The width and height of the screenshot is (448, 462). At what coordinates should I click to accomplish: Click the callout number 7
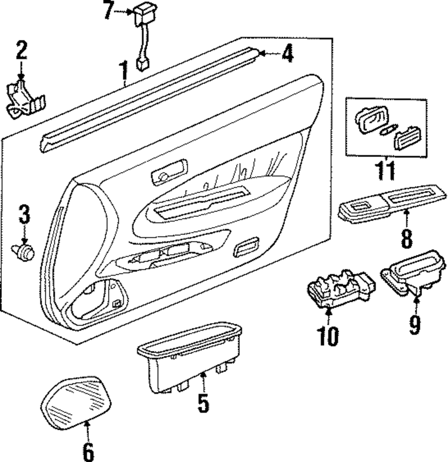[109, 10]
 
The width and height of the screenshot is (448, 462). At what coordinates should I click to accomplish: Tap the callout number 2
[22, 50]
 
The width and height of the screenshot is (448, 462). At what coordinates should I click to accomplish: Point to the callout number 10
[328, 336]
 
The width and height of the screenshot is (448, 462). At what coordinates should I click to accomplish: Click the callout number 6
[88, 452]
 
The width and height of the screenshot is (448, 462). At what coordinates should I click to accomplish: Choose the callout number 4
[287, 53]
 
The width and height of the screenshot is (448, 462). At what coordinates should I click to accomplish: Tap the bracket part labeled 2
[25, 99]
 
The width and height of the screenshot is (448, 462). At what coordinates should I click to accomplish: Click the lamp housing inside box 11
[372, 120]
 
